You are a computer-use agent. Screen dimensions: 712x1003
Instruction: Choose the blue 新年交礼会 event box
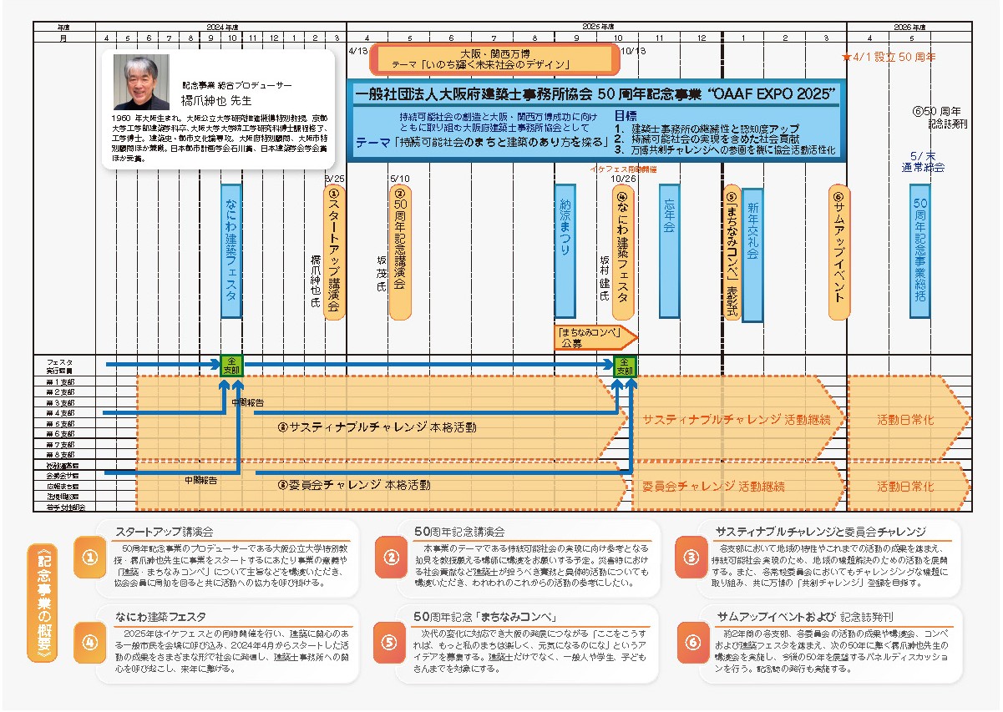752,255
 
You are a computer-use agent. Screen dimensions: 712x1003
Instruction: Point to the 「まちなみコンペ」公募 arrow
595,336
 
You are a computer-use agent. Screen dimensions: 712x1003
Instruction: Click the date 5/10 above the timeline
400,178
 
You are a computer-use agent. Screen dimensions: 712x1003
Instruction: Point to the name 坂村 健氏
605,278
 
